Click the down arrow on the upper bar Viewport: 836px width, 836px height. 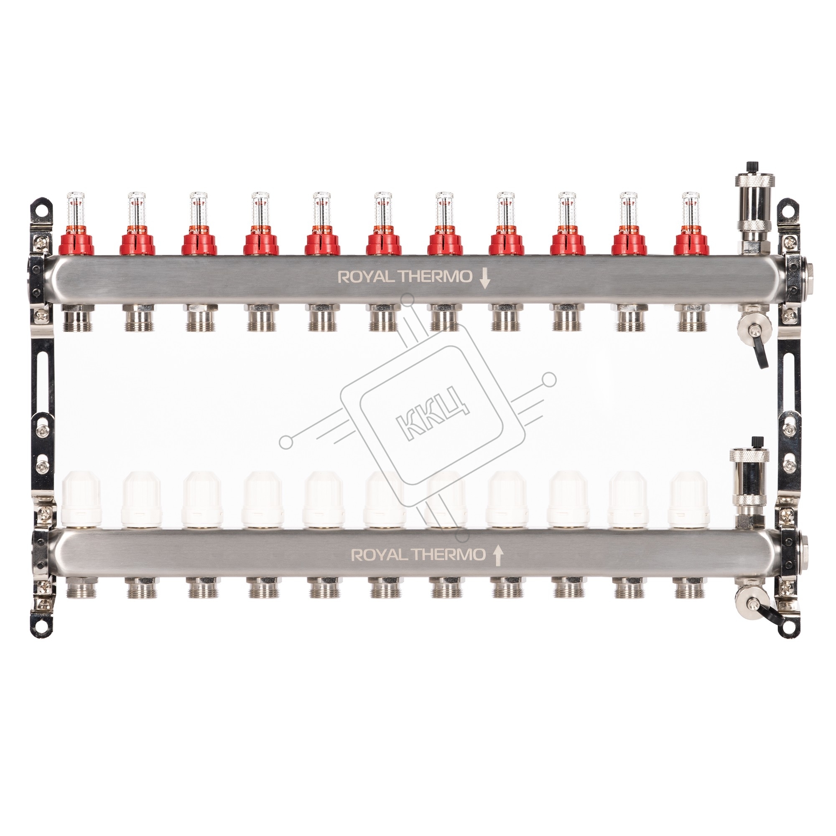click(484, 278)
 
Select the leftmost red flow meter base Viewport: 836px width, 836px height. click(76, 242)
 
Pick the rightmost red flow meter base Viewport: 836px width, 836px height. click(691, 242)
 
